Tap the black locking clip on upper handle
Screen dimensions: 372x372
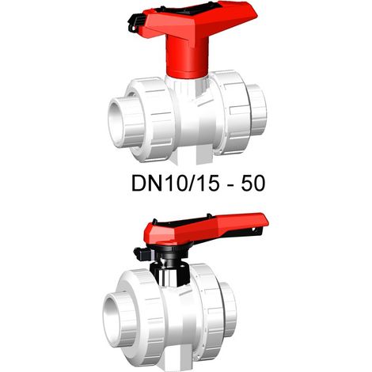(x=136, y=23)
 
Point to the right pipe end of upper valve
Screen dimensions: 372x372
(x=258, y=109)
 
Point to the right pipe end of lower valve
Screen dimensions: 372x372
(x=229, y=309)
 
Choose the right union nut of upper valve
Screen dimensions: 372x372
(x=230, y=112)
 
